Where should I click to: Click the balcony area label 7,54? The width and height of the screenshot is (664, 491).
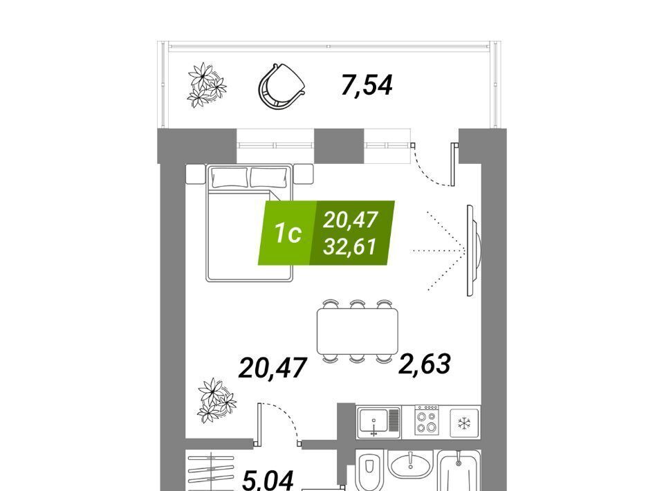coord(367,86)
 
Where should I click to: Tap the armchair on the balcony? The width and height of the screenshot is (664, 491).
coord(282,86)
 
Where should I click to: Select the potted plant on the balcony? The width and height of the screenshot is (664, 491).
coord(207,85)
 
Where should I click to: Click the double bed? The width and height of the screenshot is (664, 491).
coord(250,223)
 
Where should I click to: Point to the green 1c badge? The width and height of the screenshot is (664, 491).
coord(287,233)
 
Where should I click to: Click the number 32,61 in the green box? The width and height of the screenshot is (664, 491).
coord(350,247)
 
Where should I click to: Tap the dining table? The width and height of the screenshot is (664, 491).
coord(358,331)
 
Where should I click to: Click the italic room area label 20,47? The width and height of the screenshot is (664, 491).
coord(273,367)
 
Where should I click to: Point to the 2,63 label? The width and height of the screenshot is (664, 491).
coord(424,364)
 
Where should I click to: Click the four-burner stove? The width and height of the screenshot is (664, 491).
coord(427,419)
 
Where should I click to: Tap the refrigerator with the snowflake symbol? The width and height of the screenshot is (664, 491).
coord(464,423)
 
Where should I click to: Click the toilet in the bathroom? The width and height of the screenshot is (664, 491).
coord(369,470)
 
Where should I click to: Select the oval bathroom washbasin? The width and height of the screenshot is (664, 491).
coord(410,465)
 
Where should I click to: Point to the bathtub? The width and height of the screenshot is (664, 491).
coord(459,470)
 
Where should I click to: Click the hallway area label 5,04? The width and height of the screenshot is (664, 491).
coord(268,481)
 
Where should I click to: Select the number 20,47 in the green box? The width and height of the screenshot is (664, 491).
coord(351,220)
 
